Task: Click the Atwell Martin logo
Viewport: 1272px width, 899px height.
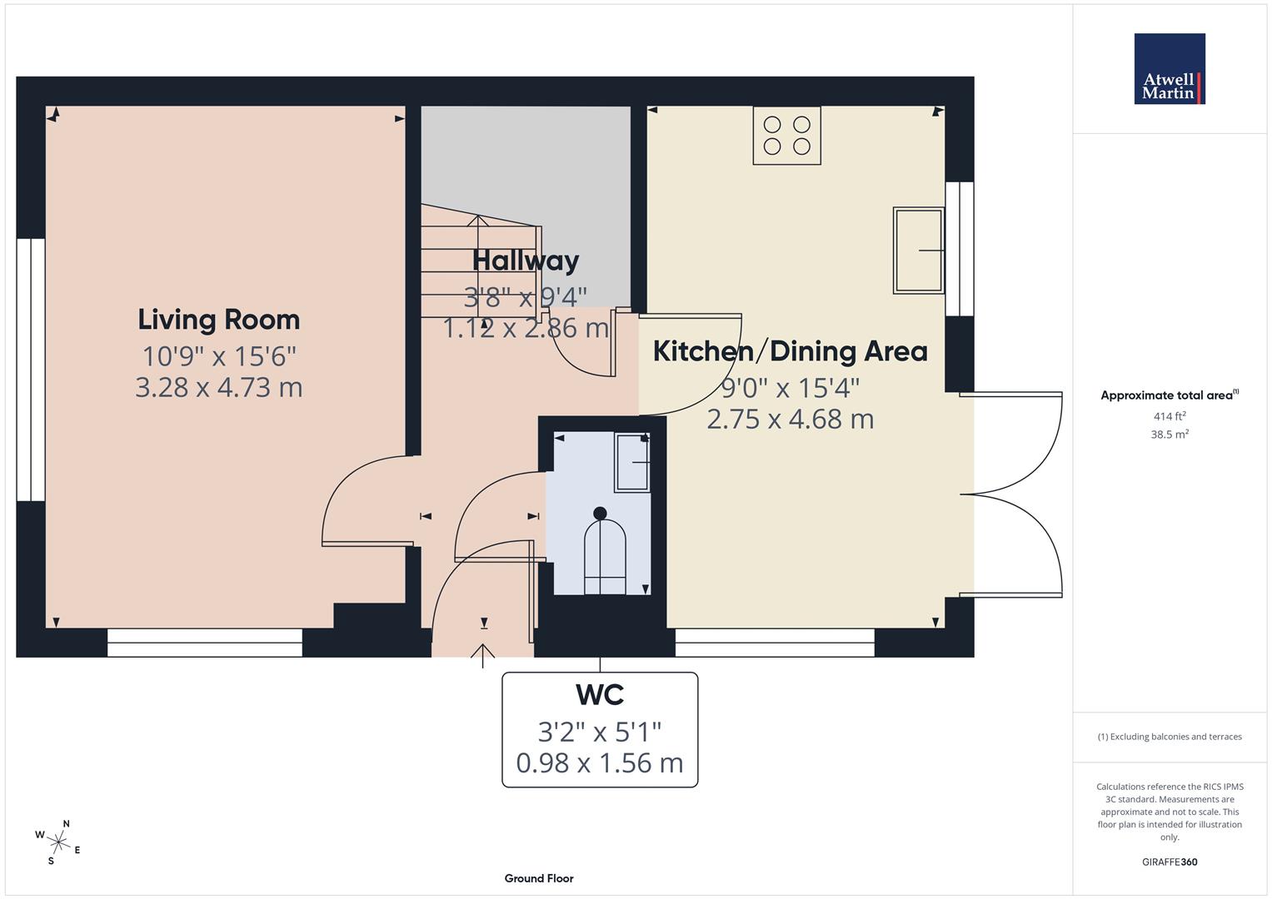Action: [1169, 69]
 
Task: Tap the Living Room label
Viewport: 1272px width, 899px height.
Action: [218, 320]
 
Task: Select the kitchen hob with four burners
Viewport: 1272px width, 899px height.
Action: [786, 135]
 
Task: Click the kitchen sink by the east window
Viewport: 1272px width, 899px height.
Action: [918, 250]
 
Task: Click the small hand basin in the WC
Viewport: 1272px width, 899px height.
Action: [633, 462]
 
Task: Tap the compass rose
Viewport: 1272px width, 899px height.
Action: [58, 842]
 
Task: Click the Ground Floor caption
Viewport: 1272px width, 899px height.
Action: [538, 878]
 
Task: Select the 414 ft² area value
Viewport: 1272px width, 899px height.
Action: [1169, 416]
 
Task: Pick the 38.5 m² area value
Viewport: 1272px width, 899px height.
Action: [1169, 434]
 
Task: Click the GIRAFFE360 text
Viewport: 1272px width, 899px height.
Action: [1169, 862]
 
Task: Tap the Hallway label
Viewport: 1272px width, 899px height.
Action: [525, 261]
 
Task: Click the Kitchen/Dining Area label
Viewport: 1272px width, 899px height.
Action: [790, 351]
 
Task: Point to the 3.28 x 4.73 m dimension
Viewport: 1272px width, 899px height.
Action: [218, 387]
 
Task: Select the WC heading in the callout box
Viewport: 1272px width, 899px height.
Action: [599, 694]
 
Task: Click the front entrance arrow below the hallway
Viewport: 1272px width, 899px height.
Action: [482, 655]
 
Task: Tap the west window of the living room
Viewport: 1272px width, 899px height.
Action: [31, 370]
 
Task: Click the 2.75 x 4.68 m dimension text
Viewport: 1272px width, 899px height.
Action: [790, 419]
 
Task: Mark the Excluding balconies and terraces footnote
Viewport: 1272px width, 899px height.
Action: [1169, 737]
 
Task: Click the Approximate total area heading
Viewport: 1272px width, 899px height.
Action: [1169, 395]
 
